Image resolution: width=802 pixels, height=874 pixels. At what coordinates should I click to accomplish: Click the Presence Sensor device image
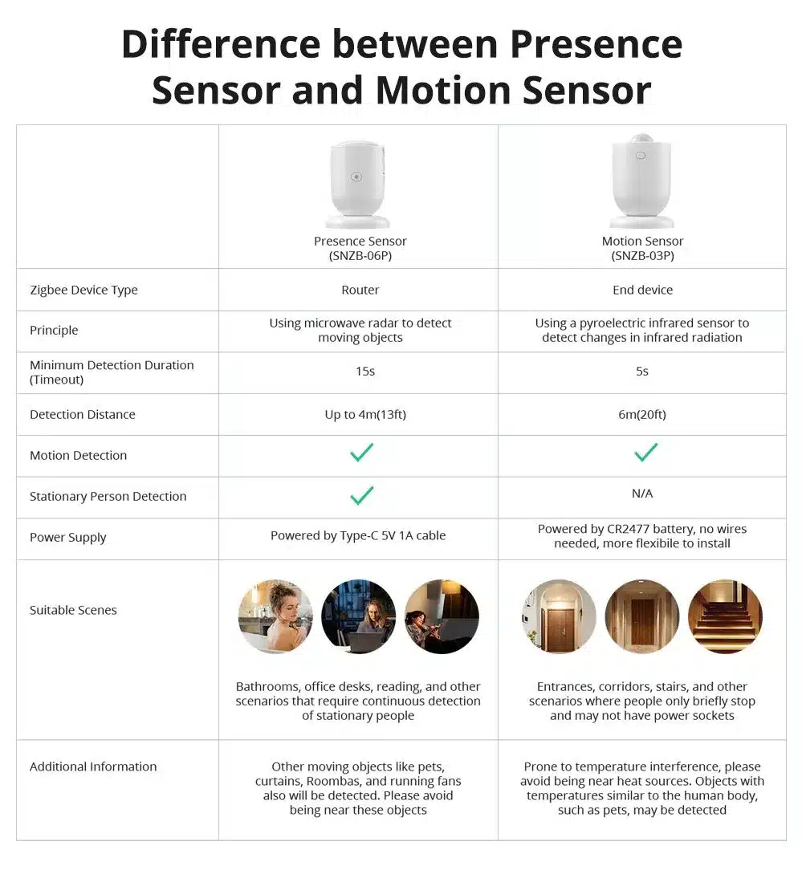coord(357,184)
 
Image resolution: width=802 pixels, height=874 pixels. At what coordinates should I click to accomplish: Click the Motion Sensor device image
coord(642,180)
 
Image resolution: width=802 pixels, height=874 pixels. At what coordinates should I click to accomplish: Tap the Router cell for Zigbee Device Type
coord(360,290)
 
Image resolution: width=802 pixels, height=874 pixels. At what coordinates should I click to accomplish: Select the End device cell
coord(642,290)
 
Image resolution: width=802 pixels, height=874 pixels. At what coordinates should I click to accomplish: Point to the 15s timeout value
coord(365,372)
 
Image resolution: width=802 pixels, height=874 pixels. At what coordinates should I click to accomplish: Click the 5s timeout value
coord(642,372)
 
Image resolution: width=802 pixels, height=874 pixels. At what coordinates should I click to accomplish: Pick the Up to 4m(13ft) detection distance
coord(365,415)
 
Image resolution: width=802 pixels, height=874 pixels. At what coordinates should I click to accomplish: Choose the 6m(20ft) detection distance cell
coord(642,415)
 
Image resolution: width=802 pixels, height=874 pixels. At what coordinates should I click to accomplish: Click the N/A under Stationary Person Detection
coord(642,494)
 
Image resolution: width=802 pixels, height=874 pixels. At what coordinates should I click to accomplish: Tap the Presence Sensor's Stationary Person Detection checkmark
coord(361,495)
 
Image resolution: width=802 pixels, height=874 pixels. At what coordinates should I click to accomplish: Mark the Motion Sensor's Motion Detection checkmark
coord(645,452)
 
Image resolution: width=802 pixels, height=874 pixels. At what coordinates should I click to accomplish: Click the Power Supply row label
coord(68,538)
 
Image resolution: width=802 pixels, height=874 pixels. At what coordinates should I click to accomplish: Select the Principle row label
coord(54,331)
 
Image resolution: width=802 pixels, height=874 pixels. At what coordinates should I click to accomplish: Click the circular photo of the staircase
coord(725,616)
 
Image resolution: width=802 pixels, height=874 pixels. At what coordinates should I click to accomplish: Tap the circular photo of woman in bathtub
coord(275,616)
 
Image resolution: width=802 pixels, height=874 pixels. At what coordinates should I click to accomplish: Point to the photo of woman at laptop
coord(359,616)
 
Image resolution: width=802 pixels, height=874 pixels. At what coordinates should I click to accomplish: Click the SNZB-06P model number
coord(360,256)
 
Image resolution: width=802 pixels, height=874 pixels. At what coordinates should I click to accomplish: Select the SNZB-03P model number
coord(642,256)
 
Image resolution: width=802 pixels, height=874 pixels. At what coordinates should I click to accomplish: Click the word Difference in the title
coord(221,44)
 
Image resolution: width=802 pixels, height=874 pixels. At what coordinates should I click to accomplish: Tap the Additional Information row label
coord(93,767)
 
